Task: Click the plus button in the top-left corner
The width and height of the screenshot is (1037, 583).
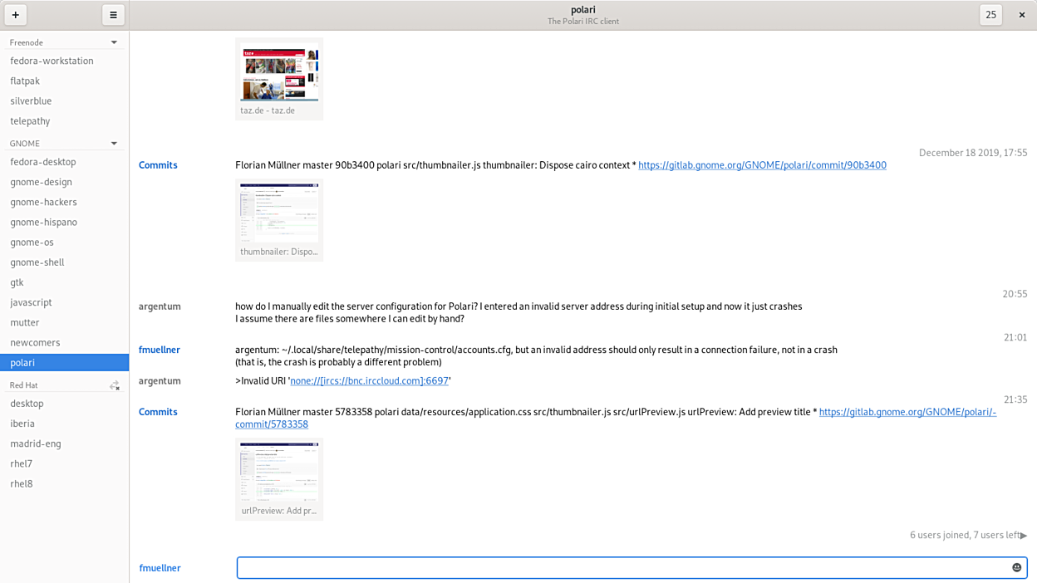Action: (x=16, y=15)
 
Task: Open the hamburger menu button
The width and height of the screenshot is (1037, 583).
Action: (x=113, y=15)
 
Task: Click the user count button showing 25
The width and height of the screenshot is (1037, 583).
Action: (x=990, y=15)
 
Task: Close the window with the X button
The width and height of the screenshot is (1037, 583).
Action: (x=1022, y=15)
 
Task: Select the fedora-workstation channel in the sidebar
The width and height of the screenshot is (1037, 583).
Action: (x=52, y=61)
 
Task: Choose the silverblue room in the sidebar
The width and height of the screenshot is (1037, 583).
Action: (x=31, y=100)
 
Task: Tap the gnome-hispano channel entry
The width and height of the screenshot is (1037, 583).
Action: (x=43, y=222)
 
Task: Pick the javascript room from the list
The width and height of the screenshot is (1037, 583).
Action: (x=31, y=302)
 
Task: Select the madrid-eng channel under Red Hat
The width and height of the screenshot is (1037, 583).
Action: (x=36, y=443)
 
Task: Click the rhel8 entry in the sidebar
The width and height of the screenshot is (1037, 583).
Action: (x=22, y=483)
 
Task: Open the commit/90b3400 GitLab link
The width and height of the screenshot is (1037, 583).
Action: (x=762, y=165)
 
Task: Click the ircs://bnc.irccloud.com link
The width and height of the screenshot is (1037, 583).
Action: (x=370, y=380)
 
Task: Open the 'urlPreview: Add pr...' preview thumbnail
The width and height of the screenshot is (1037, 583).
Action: (x=279, y=472)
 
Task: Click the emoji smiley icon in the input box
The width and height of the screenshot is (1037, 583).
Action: (x=1016, y=567)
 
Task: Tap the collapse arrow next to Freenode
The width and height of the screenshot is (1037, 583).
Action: (x=114, y=42)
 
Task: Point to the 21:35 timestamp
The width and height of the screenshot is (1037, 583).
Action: (x=1015, y=399)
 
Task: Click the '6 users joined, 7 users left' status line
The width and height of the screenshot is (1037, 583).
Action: (x=965, y=535)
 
